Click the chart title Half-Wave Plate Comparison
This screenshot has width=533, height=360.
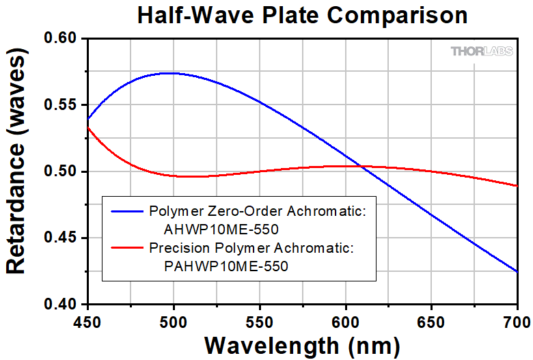(302, 16)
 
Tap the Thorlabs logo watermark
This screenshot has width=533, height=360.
(481, 51)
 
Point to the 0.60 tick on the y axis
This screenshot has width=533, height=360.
(61, 38)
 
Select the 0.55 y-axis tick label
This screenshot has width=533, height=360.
(61, 105)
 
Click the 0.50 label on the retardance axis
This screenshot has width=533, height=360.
(61, 171)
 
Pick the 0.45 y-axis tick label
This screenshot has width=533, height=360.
(61, 238)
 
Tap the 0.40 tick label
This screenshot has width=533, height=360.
(61, 304)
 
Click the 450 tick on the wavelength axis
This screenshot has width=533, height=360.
(87, 322)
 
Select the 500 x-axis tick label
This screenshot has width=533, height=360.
(174, 322)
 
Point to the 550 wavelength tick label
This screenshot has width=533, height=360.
(260, 322)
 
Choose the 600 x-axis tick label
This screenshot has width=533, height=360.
(346, 322)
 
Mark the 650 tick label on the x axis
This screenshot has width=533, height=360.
(431, 322)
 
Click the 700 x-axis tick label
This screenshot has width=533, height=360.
(517, 322)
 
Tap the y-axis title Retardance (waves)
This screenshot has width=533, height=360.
(16, 161)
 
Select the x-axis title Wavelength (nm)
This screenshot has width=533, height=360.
(302, 346)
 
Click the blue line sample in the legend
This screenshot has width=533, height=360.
(127, 212)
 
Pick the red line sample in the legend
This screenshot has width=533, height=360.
(127, 247)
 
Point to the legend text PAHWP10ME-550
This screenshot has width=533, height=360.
(226, 266)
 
